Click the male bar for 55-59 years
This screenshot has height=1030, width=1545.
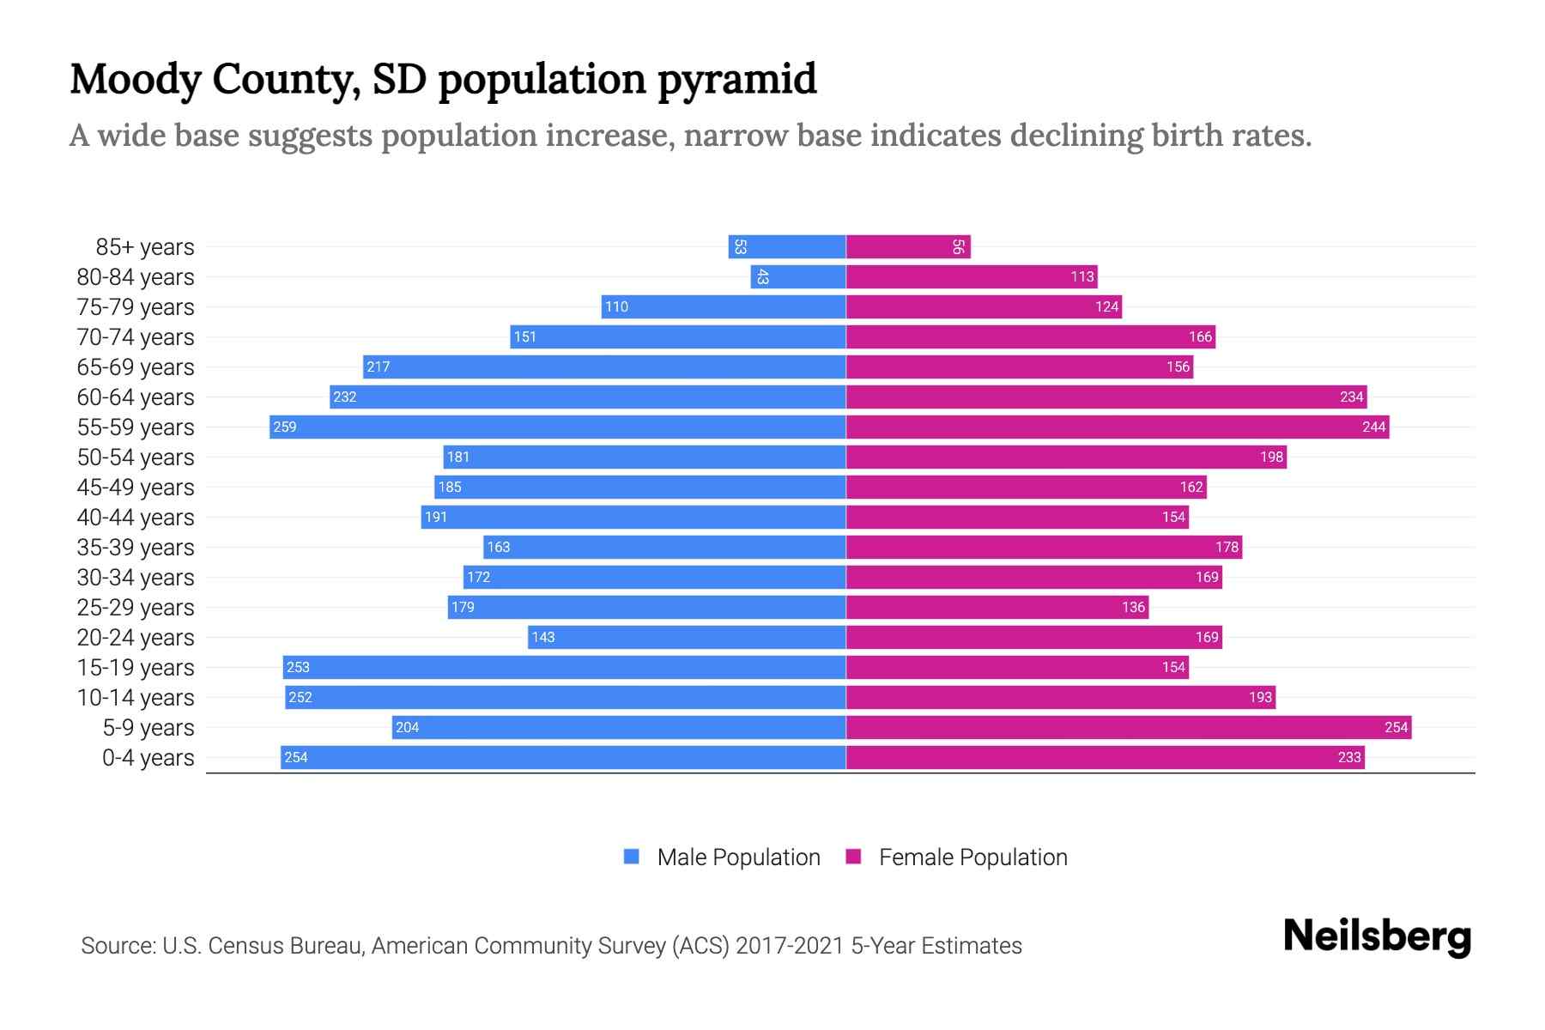click(558, 427)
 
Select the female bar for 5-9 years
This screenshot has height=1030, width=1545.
click(1128, 727)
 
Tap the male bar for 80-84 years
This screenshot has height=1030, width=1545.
click(798, 276)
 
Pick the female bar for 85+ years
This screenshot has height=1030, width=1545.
click(908, 246)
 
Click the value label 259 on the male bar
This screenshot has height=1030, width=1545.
click(284, 427)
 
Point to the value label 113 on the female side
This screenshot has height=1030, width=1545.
click(1081, 276)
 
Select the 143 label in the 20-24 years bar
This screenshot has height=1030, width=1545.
click(542, 637)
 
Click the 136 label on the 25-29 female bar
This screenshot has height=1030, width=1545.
click(1133, 607)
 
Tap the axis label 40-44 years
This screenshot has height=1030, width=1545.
click(136, 517)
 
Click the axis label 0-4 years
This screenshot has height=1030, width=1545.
click(148, 757)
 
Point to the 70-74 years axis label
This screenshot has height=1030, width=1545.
click(136, 336)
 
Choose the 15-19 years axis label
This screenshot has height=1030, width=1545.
click(136, 667)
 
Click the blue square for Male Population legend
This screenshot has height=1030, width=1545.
click(632, 857)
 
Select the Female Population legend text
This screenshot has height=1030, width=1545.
click(972, 857)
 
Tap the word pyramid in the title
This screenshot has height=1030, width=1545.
click(736, 79)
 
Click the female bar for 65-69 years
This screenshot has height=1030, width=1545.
click(1020, 367)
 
